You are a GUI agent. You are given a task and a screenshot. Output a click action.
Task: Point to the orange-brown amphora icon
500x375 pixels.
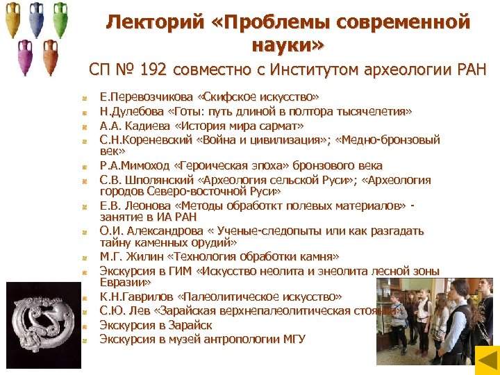49,58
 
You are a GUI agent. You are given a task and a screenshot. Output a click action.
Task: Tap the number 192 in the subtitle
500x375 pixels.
154,69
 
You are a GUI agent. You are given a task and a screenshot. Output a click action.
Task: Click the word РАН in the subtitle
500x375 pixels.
469,69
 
